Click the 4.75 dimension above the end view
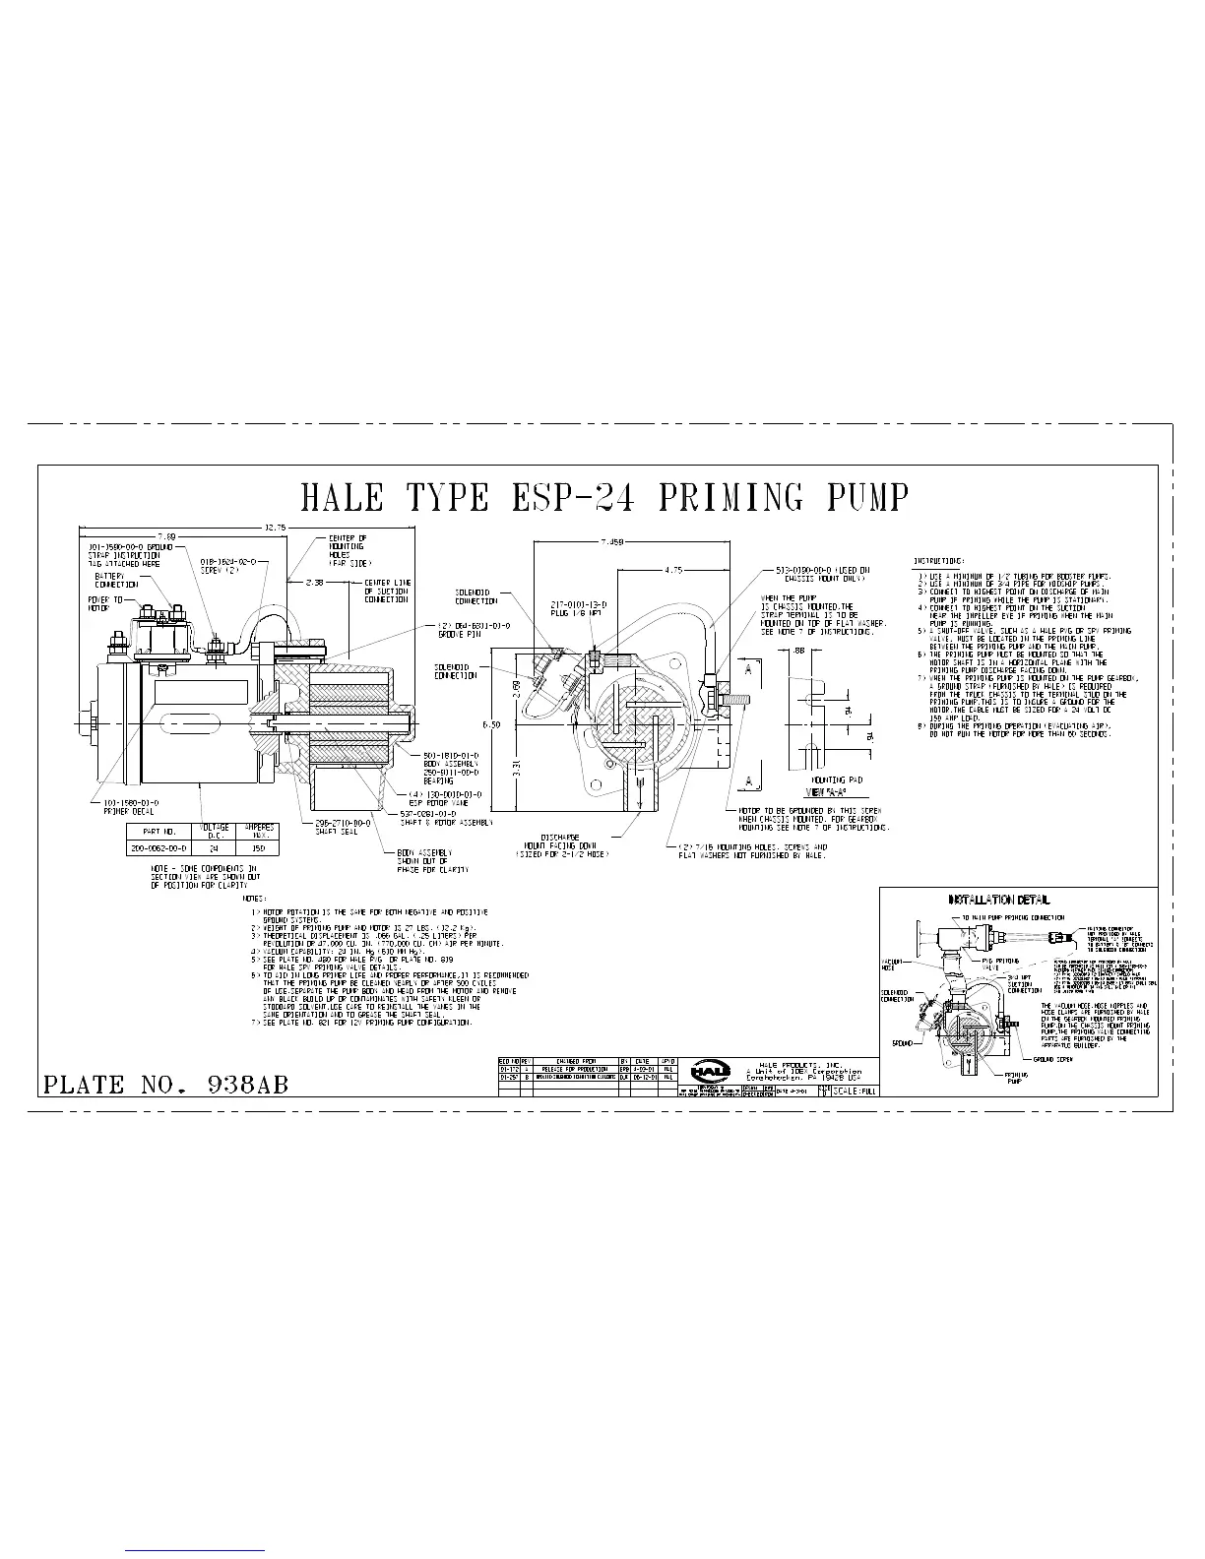pyautogui.click(x=674, y=569)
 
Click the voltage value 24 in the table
pyautogui.click(x=215, y=846)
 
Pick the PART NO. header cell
pyautogui.click(x=159, y=831)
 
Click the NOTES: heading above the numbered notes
pyautogui.click(x=256, y=899)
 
